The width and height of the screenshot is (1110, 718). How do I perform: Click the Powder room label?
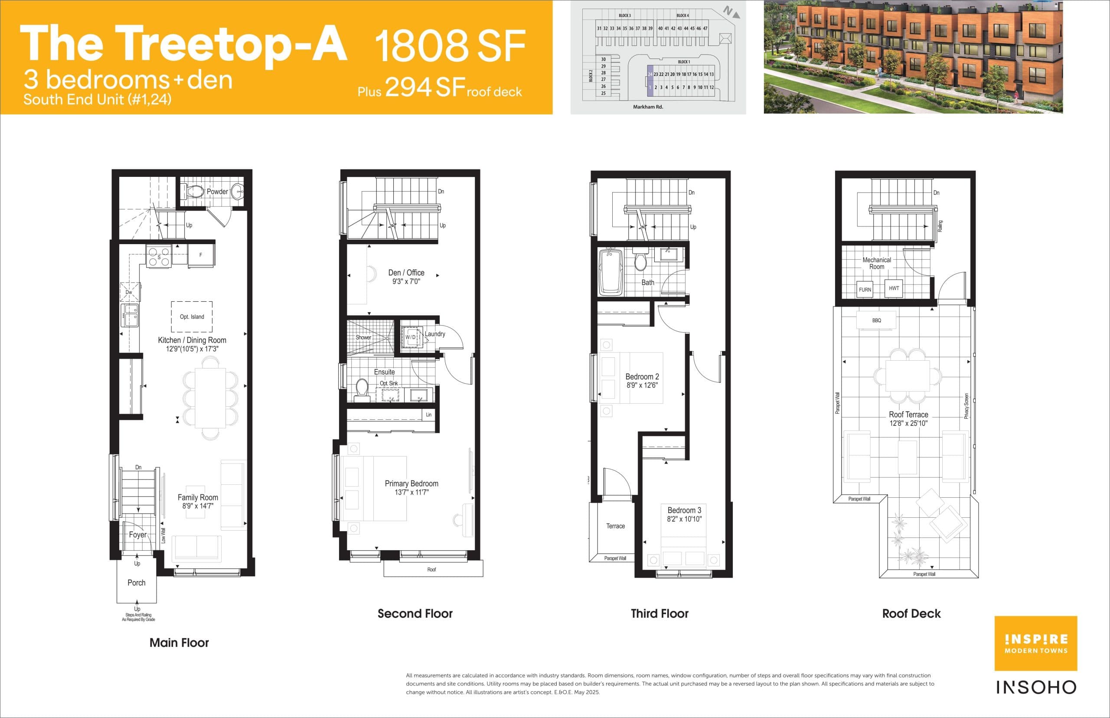(x=217, y=192)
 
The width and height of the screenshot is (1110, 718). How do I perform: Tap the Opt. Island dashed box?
(x=192, y=317)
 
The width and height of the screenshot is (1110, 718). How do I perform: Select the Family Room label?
(x=198, y=497)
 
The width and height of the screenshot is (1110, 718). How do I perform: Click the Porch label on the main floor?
(x=136, y=583)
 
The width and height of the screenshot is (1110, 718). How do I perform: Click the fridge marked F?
(x=201, y=255)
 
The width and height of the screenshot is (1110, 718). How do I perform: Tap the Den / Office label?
(x=406, y=273)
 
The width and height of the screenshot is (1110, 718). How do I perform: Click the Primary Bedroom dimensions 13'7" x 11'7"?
(x=411, y=493)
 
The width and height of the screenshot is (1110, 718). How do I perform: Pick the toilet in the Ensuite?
(x=362, y=390)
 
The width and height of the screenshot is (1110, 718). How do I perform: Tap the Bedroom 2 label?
(x=642, y=377)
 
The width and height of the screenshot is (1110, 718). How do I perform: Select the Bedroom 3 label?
(x=684, y=510)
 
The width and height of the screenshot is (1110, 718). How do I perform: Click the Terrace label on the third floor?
(x=615, y=526)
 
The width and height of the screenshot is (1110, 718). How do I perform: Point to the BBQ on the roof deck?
(x=876, y=320)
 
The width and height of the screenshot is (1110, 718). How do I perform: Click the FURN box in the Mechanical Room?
(x=865, y=290)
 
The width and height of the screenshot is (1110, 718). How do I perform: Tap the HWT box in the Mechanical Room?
(x=894, y=288)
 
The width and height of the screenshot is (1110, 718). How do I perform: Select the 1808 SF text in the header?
(x=450, y=46)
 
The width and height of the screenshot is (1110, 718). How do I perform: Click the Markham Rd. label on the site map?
(x=647, y=107)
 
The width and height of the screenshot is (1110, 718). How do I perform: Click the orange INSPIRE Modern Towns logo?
(x=1036, y=643)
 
